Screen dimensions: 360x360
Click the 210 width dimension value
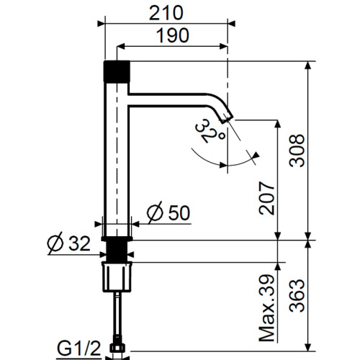pos(166,13)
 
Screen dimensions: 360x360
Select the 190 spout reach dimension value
pos(173,35)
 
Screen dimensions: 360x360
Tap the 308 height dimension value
pos(297,150)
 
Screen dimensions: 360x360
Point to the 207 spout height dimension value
pos(266,198)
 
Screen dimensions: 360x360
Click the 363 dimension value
pos(297,295)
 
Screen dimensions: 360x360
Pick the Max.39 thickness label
pos(266,308)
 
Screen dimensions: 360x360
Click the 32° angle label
pos(210,131)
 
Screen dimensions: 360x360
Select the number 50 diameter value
pos(179,212)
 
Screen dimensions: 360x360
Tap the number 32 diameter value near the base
pos(79,243)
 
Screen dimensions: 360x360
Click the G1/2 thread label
pos(78,348)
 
